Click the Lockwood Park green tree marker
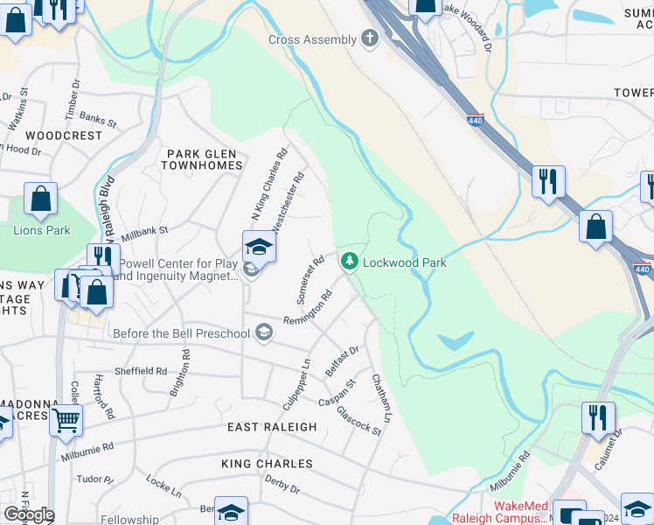click(x=350, y=262)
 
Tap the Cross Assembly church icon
click(x=370, y=39)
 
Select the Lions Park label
click(x=41, y=231)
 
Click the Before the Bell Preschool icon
click(x=264, y=332)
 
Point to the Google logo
click(x=29, y=514)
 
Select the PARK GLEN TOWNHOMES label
click(x=203, y=159)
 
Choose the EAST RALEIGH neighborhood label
click(x=272, y=427)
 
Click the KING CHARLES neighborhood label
click(x=267, y=464)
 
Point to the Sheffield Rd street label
click(x=142, y=371)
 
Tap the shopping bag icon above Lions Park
click(x=41, y=200)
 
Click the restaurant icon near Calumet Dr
click(x=598, y=416)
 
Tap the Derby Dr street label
click(x=282, y=485)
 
